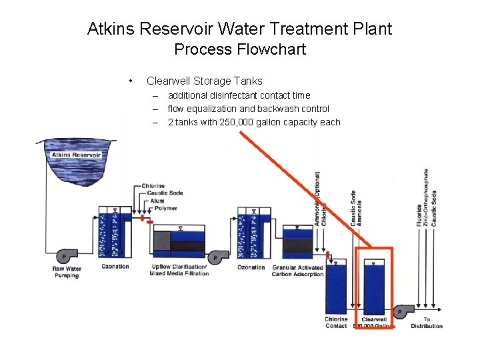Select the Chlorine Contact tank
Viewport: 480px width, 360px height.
[336, 287]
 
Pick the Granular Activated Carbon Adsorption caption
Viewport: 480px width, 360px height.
[297, 271]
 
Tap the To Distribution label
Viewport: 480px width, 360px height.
[427, 323]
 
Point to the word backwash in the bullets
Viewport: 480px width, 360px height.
[273, 109]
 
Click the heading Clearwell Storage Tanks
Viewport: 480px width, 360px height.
[204, 81]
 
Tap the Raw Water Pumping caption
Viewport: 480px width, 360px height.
[66, 272]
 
